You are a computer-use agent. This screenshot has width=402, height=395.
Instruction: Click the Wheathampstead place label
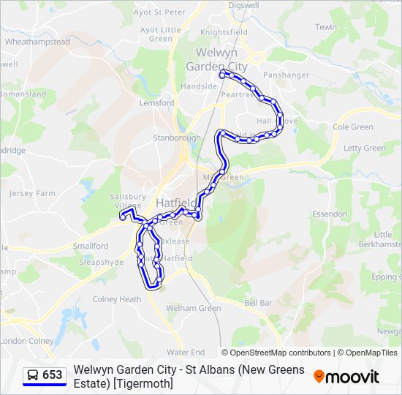(x=37, y=42)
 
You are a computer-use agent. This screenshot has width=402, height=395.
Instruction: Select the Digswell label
(x=243, y=4)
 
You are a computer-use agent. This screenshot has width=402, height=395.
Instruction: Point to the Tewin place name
(x=326, y=27)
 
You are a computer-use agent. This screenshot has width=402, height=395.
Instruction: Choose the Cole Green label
(x=352, y=127)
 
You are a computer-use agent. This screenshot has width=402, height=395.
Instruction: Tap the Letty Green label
(x=364, y=148)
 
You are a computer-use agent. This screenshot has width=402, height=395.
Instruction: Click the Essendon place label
(x=330, y=214)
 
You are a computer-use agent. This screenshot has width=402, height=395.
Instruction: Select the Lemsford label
(x=157, y=103)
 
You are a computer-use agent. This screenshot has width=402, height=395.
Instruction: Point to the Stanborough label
(x=176, y=137)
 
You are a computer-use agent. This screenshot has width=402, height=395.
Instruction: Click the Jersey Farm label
(x=32, y=193)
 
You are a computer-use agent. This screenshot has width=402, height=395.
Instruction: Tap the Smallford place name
(x=91, y=246)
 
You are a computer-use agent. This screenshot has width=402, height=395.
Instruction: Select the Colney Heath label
(x=116, y=299)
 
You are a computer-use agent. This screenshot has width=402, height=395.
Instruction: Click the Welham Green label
(x=193, y=308)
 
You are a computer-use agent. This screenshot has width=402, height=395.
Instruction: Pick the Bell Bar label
(x=258, y=302)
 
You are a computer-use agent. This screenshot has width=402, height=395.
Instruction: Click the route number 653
(x=53, y=375)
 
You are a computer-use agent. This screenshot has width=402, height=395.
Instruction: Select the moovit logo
(x=346, y=377)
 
